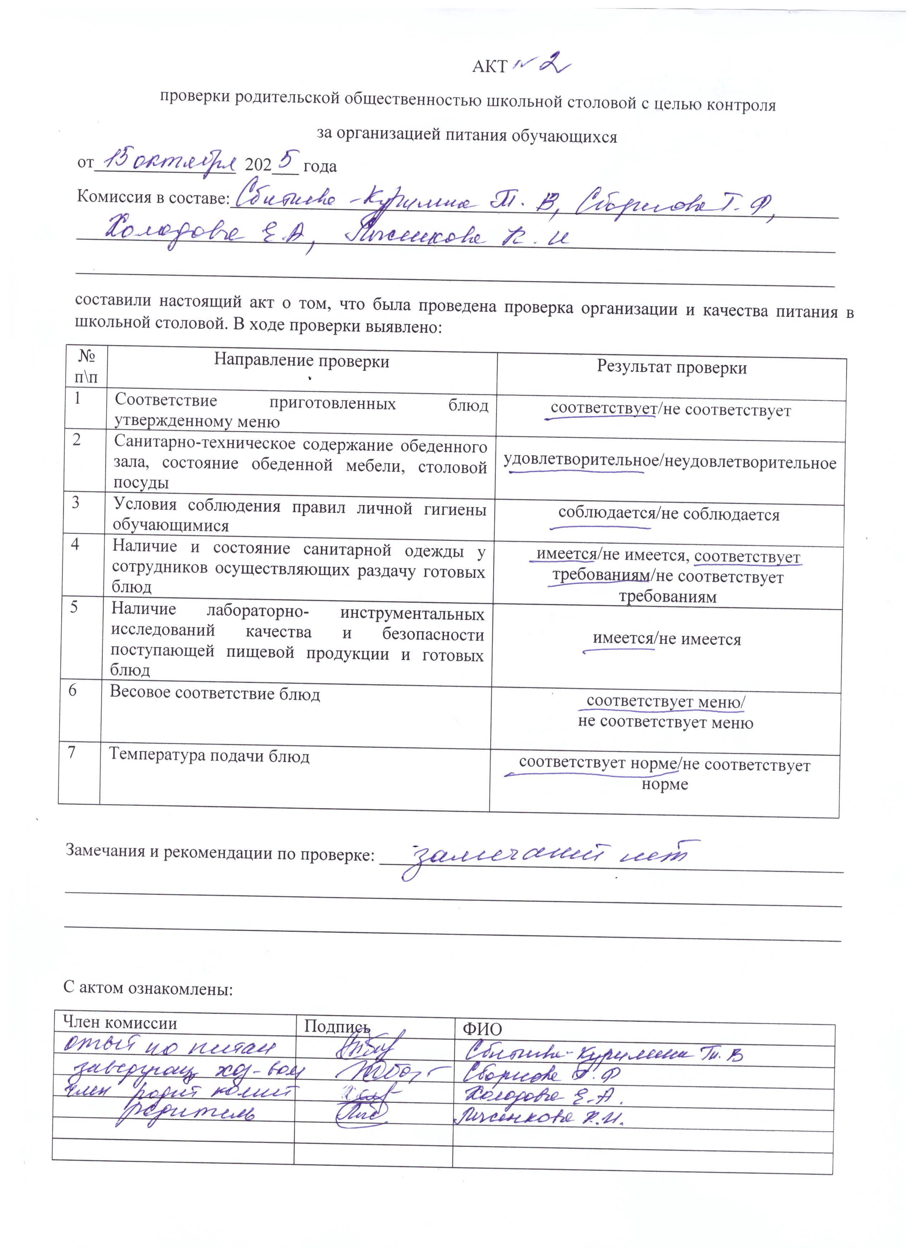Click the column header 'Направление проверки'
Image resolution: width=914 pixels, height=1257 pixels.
[x=302, y=361]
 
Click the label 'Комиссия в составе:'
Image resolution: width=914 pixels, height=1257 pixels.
[x=153, y=198]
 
